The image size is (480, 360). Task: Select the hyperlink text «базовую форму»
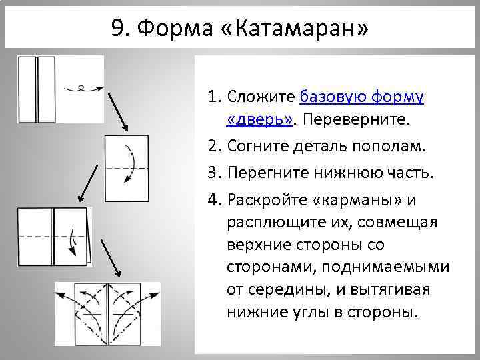pos(362,97)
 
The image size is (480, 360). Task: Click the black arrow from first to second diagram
pos(120,112)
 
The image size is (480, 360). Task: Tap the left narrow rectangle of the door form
pos(27,89)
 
